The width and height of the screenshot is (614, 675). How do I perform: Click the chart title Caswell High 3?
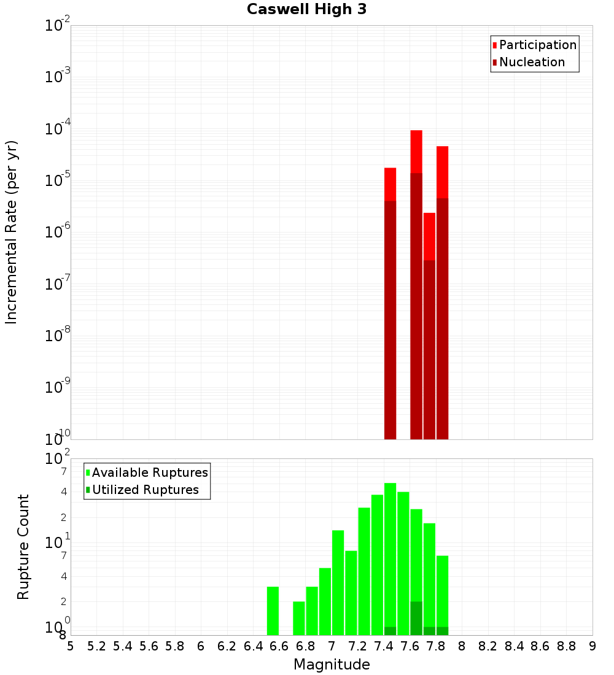click(306, 10)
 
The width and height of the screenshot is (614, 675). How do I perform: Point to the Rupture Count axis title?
click(23, 547)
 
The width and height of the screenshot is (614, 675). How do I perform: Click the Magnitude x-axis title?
click(332, 665)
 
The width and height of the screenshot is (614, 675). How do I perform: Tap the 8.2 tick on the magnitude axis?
click(488, 646)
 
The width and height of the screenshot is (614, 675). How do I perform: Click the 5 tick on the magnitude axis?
click(71, 646)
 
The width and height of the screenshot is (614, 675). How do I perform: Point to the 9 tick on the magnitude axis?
click(593, 646)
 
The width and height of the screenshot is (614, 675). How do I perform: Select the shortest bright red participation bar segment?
click(429, 236)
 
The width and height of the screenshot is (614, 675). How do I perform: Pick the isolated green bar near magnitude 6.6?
click(273, 611)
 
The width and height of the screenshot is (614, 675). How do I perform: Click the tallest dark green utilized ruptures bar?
click(416, 618)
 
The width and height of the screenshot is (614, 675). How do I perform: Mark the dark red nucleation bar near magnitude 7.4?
click(390, 319)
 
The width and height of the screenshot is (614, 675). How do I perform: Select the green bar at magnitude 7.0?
click(338, 583)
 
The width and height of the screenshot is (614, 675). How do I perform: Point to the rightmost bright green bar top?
click(442, 557)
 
